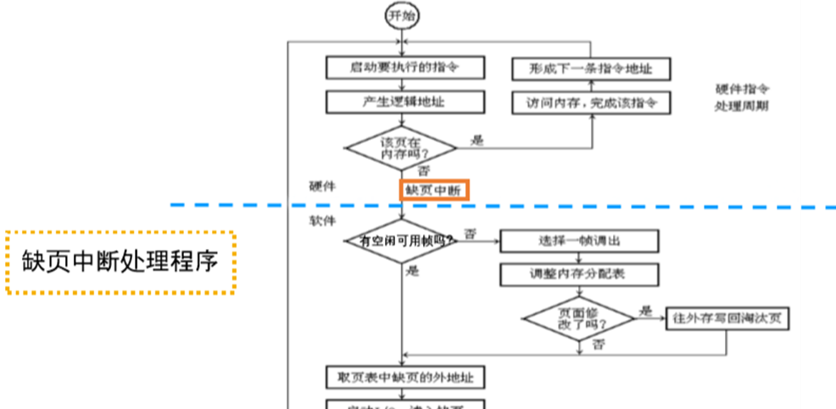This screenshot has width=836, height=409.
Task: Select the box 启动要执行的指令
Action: pos(405,67)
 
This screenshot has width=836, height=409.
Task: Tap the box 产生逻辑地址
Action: pos(405,102)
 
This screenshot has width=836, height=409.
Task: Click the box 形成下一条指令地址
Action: pos(590,69)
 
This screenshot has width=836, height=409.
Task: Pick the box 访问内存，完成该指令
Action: pos(590,102)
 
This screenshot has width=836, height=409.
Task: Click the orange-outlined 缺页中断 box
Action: pos(432,191)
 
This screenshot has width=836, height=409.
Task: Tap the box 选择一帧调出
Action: pos(579,240)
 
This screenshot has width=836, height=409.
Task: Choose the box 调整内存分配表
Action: pos(579,274)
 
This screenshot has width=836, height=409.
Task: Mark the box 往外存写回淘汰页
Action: pos(730,318)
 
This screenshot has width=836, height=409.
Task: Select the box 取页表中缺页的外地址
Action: pos(405,376)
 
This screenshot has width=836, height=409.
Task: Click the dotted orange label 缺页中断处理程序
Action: pos(120,262)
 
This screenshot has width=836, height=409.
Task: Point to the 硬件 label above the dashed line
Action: pos(323,185)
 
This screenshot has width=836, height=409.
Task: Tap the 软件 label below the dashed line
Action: pos(323,220)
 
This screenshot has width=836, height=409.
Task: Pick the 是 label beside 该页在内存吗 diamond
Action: pos(477,140)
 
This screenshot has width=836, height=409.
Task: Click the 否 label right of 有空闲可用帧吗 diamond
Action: pos(470,233)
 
